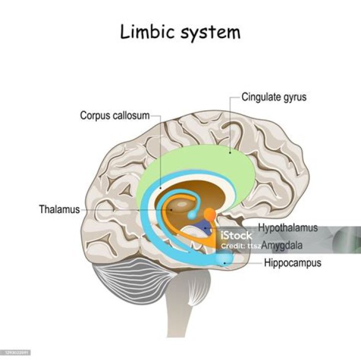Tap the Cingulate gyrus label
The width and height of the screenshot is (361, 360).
tap(273, 97)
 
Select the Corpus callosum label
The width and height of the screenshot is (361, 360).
tap(115, 116)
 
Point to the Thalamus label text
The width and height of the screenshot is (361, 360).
tap(59, 209)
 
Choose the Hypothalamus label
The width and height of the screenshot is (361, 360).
tap(288, 228)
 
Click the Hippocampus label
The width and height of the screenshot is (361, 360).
tap(292, 262)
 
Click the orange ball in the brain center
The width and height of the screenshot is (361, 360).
tap(211, 214)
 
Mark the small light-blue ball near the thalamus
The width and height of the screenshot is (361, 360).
tap(192, 216)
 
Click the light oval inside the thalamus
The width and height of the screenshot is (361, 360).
tap(183, 205)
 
